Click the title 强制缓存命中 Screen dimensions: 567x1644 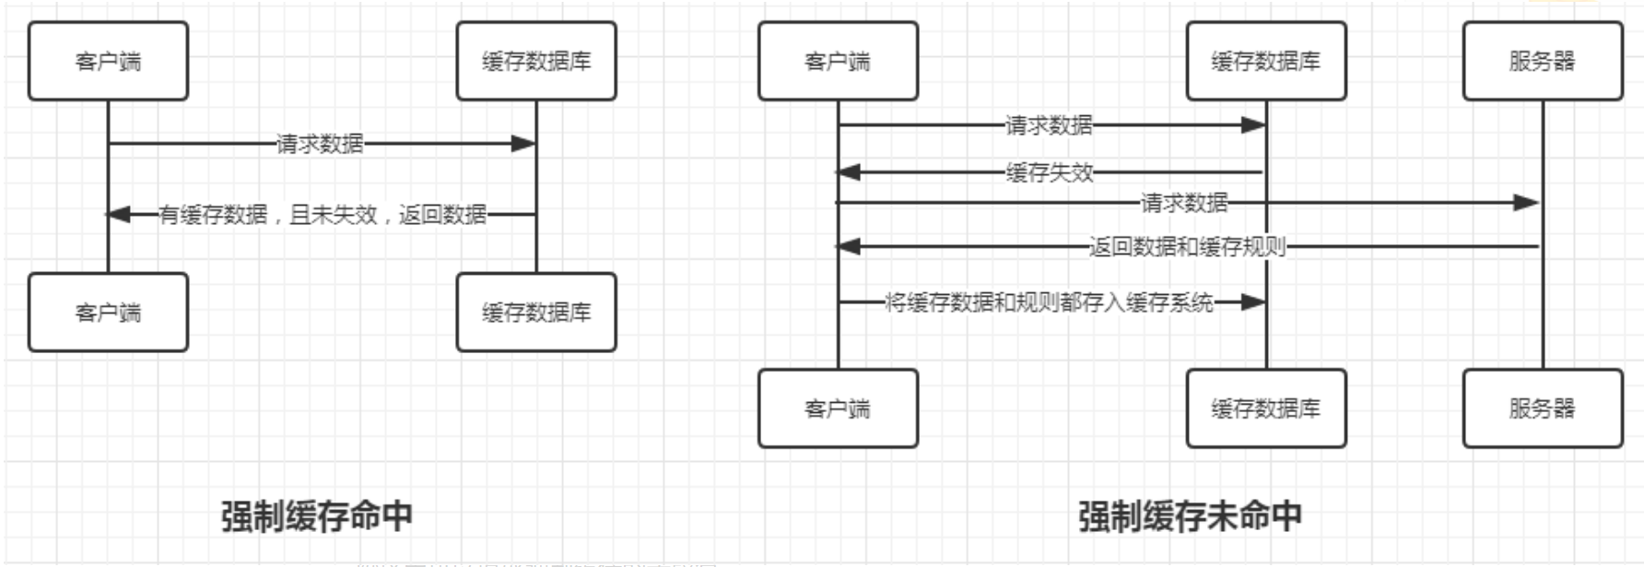(316, 516)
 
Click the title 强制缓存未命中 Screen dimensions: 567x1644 (1190, 516)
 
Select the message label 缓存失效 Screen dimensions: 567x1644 (1050, 172)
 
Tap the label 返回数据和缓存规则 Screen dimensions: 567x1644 (1187, 246)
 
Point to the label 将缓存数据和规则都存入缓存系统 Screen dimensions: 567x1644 (1049, 302)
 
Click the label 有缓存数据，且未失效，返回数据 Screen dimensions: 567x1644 (323, 215)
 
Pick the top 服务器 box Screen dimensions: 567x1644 (1542, 61)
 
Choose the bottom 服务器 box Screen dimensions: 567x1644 (1542, 408)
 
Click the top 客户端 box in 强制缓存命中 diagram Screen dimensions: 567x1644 (108, 61)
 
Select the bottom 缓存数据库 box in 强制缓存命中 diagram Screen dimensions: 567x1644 (536, 313)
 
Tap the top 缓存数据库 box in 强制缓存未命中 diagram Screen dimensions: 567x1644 (1265, 61)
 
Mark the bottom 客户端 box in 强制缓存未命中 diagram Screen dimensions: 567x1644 (838, 408)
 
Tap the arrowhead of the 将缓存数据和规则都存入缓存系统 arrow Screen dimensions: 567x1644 (1254, 302)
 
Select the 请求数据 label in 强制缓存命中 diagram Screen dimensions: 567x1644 (320, 144)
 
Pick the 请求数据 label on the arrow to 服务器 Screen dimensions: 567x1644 (1184, 202)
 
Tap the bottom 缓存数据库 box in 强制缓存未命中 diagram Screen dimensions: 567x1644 (1265, 408)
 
